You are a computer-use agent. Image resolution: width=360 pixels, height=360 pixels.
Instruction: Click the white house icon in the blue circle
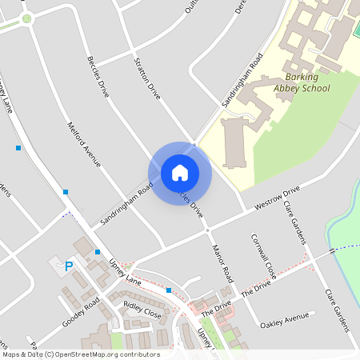tap(180, 173)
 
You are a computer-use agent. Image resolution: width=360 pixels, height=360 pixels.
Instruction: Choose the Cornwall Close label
tap(263, 256)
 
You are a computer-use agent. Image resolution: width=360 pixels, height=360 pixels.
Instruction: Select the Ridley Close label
tap(142, 310)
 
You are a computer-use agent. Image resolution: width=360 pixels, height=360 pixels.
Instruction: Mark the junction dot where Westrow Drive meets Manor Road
tap(207, 230)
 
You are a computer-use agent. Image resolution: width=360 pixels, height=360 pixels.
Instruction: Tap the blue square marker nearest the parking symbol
tap(98, 252)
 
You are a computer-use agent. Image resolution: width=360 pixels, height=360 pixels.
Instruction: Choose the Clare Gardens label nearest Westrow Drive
tap(294, 217)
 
